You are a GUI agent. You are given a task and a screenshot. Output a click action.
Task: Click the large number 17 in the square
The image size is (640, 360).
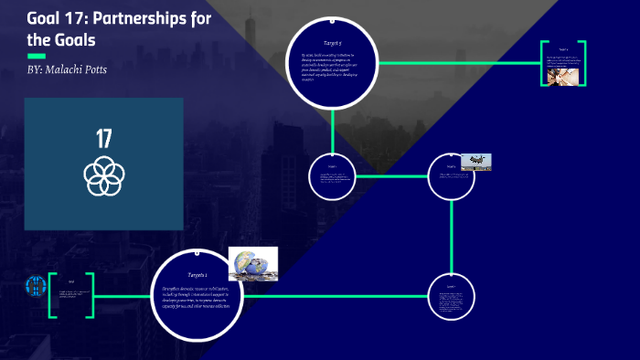tap(103, 139)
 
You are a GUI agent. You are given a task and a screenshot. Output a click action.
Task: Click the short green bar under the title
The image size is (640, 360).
tap(36, 56)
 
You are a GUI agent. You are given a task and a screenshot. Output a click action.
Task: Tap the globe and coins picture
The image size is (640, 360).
tap(252, 263)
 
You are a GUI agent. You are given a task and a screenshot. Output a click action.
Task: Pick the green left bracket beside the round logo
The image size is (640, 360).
tap(52, 294)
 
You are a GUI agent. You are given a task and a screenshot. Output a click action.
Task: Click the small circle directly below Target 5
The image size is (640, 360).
tap(333, 176)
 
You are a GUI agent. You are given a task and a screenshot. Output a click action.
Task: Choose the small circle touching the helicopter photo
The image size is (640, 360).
tap(451, 176)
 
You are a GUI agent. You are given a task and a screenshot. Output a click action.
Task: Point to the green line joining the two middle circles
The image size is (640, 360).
tap(391, 176)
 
